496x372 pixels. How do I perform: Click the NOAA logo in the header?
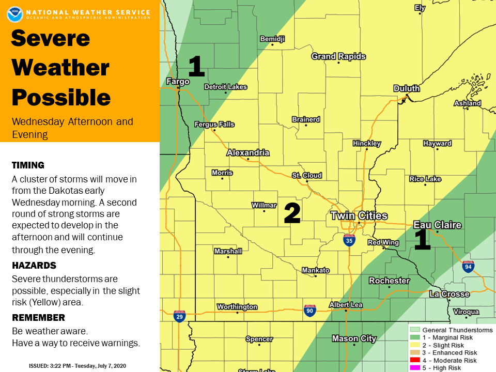(15, 14)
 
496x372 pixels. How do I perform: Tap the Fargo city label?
(178, 82)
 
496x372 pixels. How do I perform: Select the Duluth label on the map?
(407, 88)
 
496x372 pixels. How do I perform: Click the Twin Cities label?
(359, 215)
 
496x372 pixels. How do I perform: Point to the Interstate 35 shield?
(349, 240)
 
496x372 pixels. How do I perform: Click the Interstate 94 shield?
(468, 267)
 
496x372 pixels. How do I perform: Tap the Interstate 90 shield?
(309, 311)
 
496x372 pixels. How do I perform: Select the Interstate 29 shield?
(179, 316)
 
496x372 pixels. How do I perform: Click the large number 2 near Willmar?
(292, 213)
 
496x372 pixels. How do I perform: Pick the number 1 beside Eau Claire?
(422, 240)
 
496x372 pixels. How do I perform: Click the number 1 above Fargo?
(196, 66)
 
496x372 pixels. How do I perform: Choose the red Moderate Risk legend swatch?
(414, 361)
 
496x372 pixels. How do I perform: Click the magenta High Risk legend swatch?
(414, 368)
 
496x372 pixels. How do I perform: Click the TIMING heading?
(28, 165)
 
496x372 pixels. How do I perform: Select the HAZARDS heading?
(34, 265)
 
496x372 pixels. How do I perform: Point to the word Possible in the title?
(61, 98)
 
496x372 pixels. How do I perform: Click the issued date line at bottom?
(78, 366)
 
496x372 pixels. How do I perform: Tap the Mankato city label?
(316, 270)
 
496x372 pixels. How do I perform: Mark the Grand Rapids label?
(338, 56)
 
